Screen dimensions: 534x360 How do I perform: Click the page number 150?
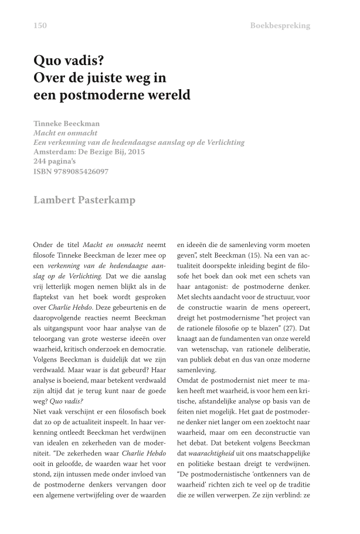coord(40,25)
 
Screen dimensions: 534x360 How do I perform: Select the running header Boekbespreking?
coord(280,25)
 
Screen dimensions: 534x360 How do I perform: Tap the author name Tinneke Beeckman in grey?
coord(67,124)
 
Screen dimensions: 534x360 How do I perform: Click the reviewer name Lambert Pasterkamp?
coord(84,200)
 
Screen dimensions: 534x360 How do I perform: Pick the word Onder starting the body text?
coord(44,244)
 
